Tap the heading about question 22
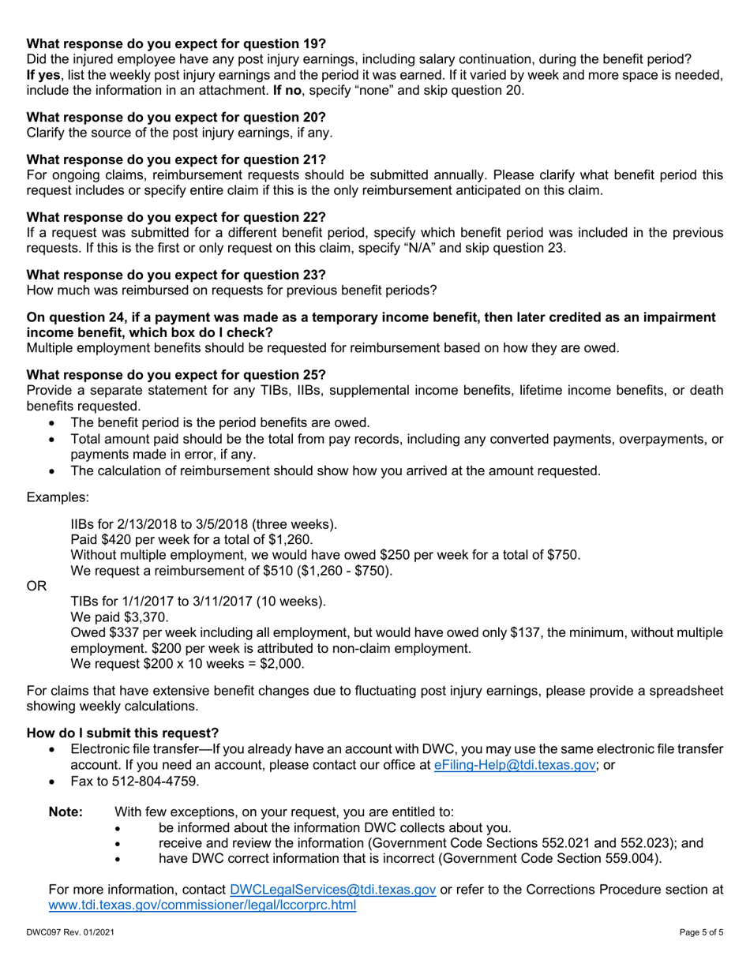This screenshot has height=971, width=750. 176,217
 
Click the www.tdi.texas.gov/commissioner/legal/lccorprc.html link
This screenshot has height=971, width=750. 202,905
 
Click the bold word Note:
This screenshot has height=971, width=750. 66,812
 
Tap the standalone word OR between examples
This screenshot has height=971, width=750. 36,587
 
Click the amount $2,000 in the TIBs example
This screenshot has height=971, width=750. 281,664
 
